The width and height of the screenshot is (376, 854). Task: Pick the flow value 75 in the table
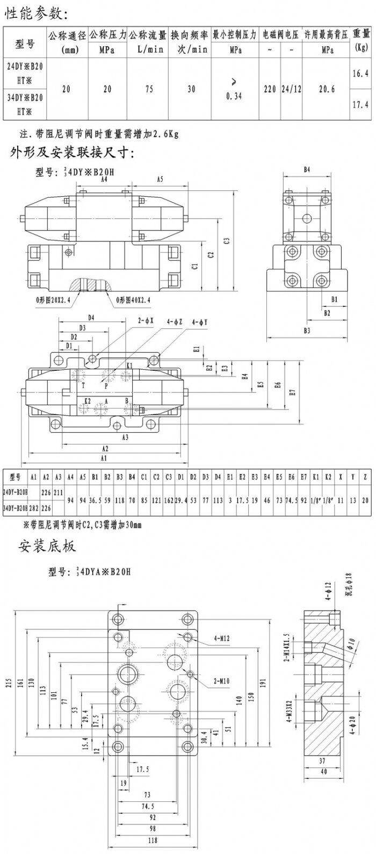pyautogui.click(x=149, y=89)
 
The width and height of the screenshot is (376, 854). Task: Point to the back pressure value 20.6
pyautogui.click(x=327, y=89)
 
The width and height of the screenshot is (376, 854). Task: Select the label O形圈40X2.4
pyautogui.click(x=133, y=299)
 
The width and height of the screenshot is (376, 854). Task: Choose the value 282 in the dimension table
pyautogui.click(x=33, y=507)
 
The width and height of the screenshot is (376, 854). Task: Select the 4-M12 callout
pyautogui.click(x=222, y=638)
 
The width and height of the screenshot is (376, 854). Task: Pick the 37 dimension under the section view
pyautogui.click(x=322, y=760)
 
